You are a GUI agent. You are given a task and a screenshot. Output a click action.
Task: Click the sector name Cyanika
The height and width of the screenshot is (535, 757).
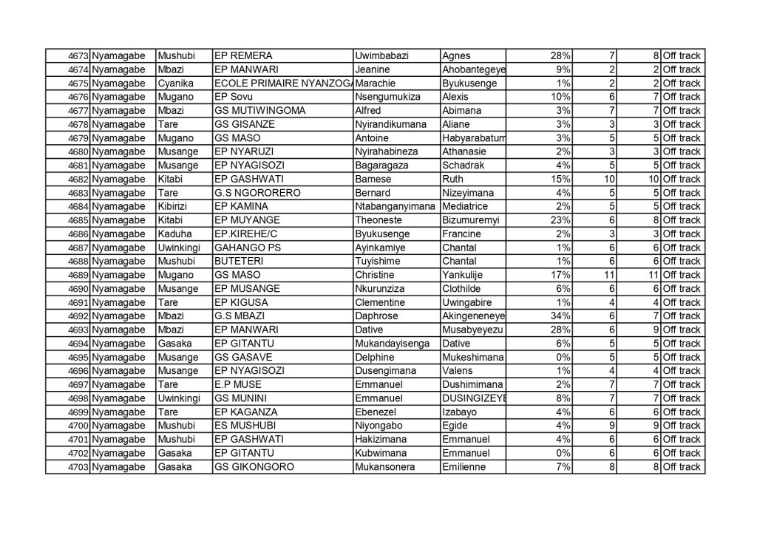point(175,84)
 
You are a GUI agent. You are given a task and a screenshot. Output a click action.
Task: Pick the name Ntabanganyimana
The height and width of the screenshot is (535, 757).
point(395,207)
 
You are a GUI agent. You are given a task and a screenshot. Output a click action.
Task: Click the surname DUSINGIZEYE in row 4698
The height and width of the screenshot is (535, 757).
point(473,398)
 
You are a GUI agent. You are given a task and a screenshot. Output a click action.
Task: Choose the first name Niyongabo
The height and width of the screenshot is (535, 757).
point(380,426)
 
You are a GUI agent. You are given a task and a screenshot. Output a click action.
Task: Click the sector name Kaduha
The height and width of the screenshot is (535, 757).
point(174,234)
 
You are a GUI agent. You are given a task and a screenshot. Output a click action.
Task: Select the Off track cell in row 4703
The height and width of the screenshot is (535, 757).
point(682,467)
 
